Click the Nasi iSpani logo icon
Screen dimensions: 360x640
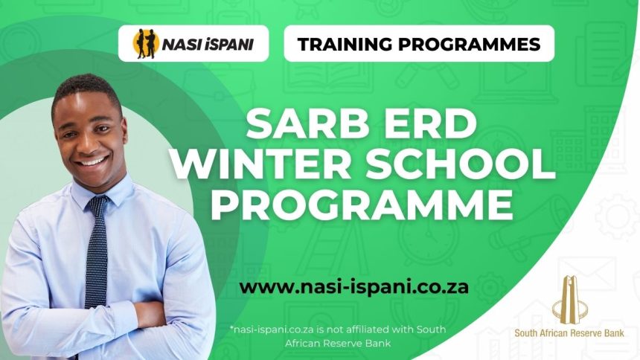tap(145, 44)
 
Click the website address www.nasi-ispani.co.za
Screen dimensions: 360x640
tap(354, 286)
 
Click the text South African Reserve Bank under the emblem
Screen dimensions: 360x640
tap(569, 332)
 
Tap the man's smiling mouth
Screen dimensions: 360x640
tap(92, 160)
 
